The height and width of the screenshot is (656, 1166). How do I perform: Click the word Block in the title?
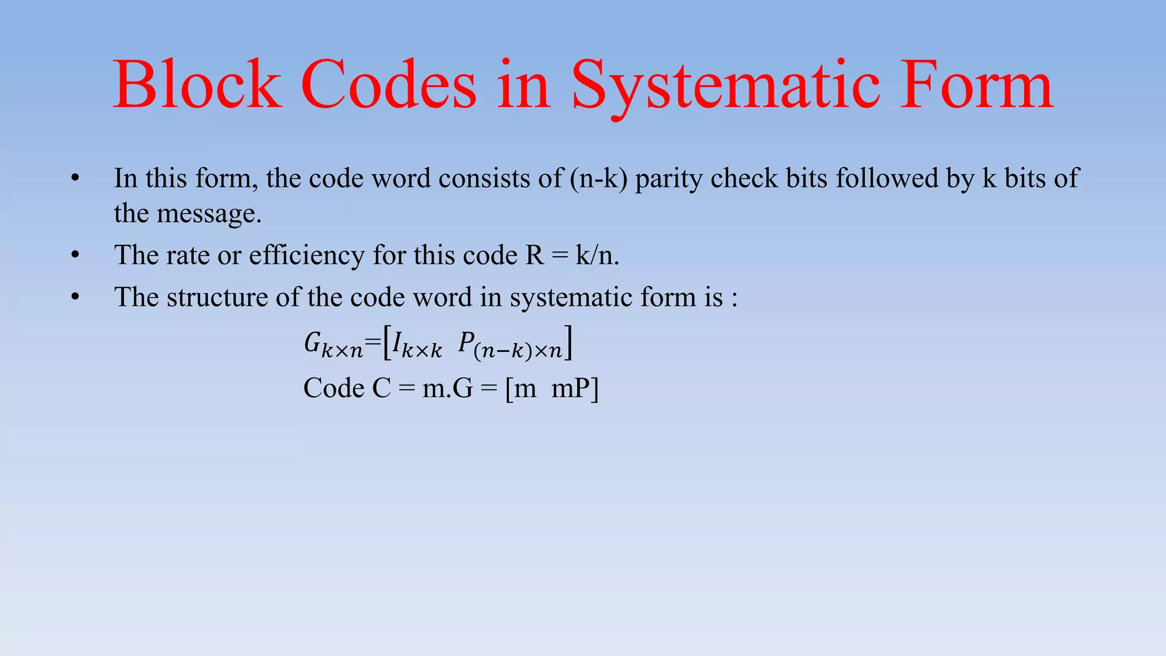pyautogui.click(x=197, y=85)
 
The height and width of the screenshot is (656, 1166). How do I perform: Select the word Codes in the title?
pyautogui.click(x=388, y=85)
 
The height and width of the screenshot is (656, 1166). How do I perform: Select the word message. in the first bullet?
pyautogui.click(x=209, y=214)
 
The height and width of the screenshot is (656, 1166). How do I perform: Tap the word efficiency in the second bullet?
pyautogui.click(x=307, y=255)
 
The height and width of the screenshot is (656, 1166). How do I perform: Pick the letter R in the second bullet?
pyautogui.click(x=535, y=255)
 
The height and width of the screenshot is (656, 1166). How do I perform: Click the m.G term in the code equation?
pyautogui.click(x=447, y=389)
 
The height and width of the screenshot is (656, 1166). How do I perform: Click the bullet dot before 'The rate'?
pyautogui.click(x=75, y=255)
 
